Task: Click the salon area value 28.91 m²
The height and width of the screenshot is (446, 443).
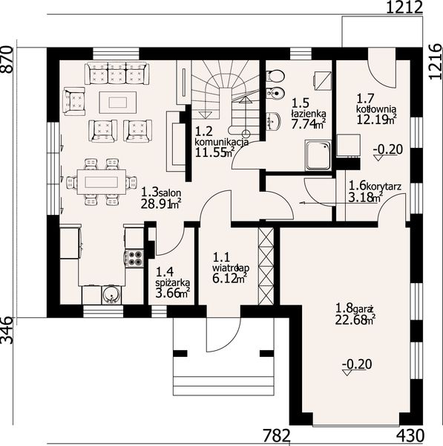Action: click(161, 204)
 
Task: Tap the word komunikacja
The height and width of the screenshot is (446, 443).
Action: click(222, 142)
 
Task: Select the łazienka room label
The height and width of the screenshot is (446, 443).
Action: click(309, 114)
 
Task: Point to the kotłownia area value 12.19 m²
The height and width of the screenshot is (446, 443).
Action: click(376, 120)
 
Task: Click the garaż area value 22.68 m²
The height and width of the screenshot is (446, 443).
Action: click(355, 320)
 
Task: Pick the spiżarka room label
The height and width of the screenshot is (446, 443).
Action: click(173, 282)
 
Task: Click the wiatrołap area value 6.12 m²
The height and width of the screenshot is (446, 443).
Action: click(229, 279)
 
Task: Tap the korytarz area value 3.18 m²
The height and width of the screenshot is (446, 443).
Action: click(365, 197)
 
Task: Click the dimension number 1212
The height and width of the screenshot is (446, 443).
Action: click(404, 7)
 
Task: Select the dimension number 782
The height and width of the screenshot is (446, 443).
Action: click(277, 436)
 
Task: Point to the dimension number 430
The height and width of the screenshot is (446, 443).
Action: click(410, 436)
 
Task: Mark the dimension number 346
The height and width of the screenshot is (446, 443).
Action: click(7, 331)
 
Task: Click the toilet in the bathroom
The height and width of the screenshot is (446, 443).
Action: click(275, 76)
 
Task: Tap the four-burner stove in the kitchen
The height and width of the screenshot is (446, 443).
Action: click(134, 258)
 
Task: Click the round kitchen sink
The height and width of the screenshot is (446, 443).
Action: click(111, 295)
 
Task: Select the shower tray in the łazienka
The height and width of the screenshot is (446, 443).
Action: click(318, 155)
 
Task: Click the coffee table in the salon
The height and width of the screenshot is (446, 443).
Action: click(117, 103)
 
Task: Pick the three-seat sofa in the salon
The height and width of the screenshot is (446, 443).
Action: click(117, 74)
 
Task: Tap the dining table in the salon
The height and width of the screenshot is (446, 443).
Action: click(102, 182)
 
